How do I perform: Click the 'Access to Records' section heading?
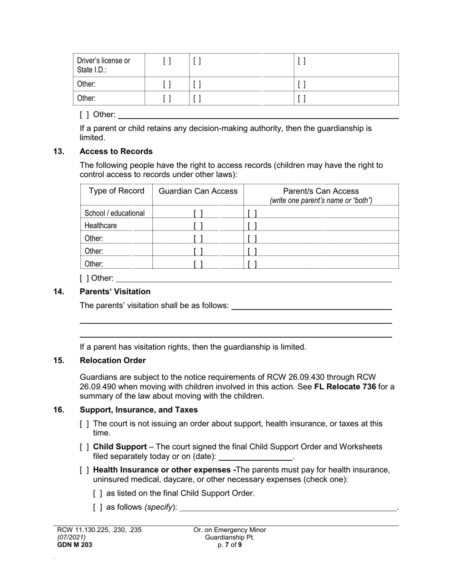[116, 152]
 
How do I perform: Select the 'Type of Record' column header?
[117, 191]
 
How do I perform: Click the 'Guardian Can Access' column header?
[198, 191]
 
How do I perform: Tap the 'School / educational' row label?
[115, 213]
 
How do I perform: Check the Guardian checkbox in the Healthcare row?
[198, 226]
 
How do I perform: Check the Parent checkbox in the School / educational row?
[252, 213]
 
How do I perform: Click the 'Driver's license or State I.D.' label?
[103, 65]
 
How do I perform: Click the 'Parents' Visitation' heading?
[115, 292]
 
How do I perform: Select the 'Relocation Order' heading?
[113, 360]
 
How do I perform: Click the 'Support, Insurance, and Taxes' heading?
[138, 410]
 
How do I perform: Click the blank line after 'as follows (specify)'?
[288, 507]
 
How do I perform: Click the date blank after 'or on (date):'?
[255, 457]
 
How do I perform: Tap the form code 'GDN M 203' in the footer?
[75, 545]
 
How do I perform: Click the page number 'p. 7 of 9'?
[230, 545]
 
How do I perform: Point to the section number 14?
[59, 292]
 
